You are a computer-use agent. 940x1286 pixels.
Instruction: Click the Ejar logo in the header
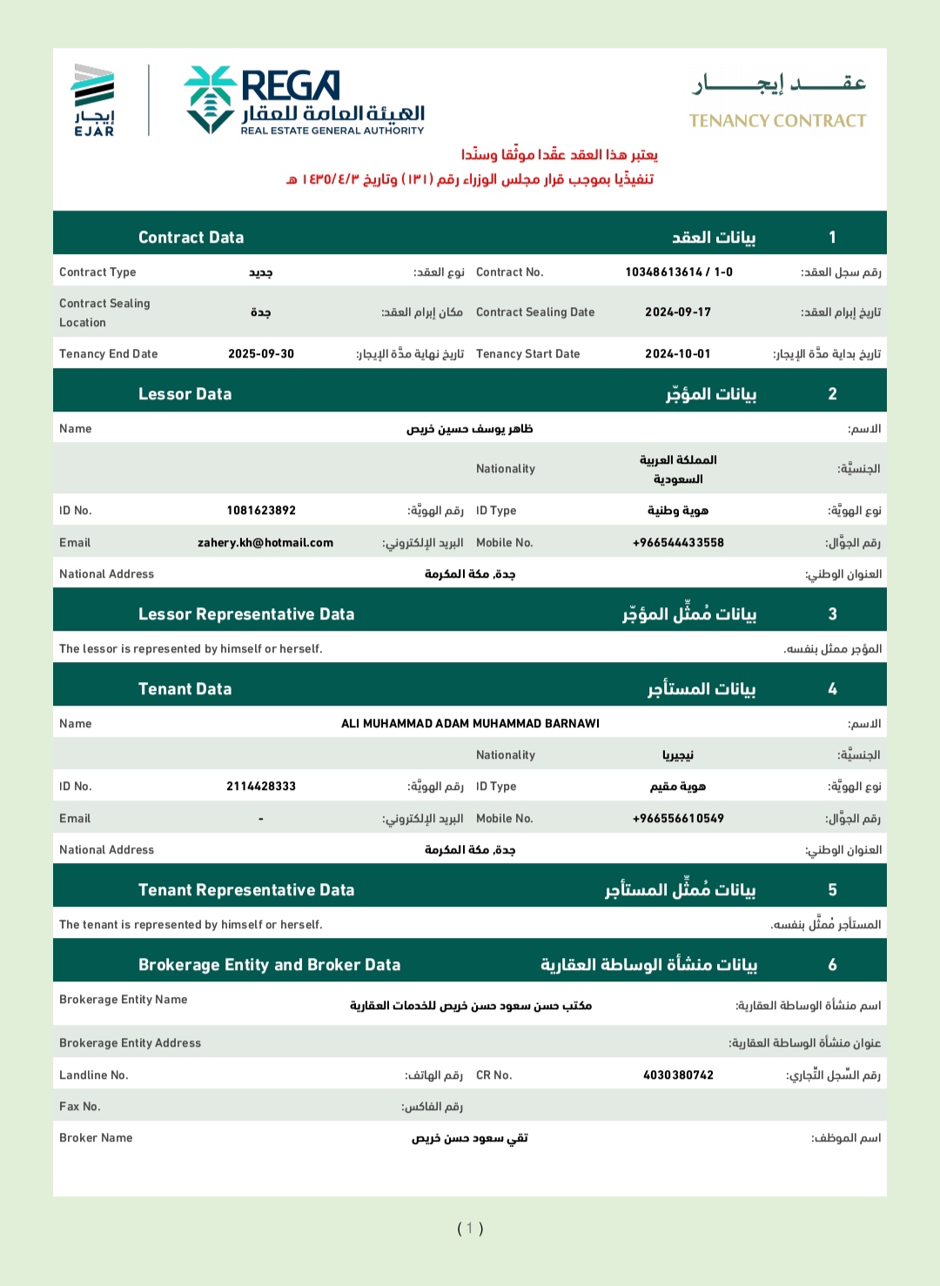tap(94, 99)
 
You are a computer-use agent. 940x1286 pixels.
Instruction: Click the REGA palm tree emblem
tap(210, 99)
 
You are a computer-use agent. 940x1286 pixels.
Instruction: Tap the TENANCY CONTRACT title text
tap(777, 121)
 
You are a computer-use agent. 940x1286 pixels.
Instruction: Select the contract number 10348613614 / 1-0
tap(679, 272)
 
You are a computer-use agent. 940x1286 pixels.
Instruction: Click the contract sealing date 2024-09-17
tap(678, 312)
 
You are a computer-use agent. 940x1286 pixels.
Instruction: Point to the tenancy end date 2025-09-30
tap(261, 354)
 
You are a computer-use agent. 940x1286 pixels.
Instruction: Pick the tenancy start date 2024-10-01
tap(678, 354)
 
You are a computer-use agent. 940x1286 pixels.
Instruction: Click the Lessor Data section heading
tap(185, 394)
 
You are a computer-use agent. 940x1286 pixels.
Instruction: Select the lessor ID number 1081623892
tap(261, 511)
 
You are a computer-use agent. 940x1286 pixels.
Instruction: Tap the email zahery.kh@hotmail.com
tap(265, 543)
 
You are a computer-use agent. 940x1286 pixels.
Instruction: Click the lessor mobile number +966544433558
tap(678, 543)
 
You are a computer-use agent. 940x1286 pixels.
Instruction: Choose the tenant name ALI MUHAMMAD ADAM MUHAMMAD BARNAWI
tap(470, 724)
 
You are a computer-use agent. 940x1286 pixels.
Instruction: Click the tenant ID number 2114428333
tap(261, 787)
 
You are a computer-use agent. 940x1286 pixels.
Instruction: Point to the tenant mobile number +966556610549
tap(678, 819)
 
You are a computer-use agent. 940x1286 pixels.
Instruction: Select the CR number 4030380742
tap(678, 1075)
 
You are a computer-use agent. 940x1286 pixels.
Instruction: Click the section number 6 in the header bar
tap(832, 965)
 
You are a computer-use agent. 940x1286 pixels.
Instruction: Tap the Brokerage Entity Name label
tap(124, 1000)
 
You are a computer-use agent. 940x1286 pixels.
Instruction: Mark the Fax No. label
tap(80, 1107)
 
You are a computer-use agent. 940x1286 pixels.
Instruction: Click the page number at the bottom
tap(470, 1229)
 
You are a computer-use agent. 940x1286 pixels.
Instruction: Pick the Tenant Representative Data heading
tap(246, 890)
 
